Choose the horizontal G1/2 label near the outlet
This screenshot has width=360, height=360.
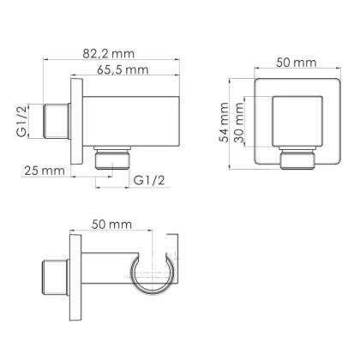[x=151, y=179]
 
